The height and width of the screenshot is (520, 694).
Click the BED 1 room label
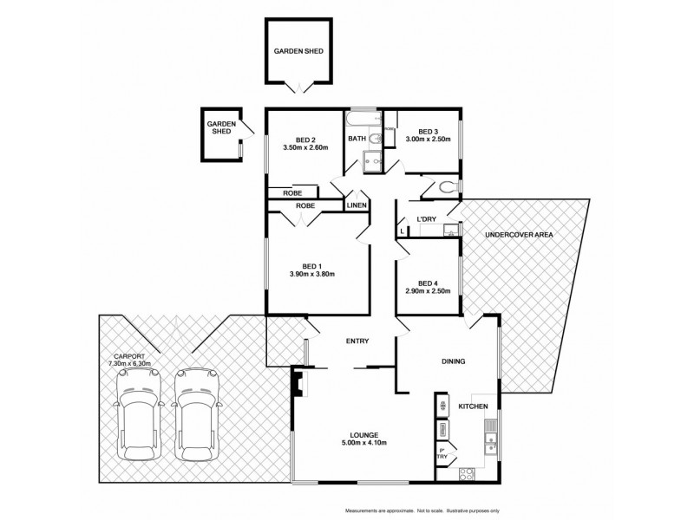click(x=311, y=266)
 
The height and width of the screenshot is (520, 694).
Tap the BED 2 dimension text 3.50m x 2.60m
click(x=304, y=147)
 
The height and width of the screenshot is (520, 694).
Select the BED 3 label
click(x=429, y=131)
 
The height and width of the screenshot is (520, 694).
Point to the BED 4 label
click(x=428, y=283)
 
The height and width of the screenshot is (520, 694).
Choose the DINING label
click(x=453, y=362)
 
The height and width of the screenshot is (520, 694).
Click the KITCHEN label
click(x=473, y=406)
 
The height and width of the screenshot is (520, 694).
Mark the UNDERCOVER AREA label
click(x=519, y=235)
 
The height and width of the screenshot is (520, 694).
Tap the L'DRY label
click(x=426, y=219)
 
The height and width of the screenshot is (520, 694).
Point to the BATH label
click(x=357, y=139)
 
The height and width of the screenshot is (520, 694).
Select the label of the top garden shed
click(x=298, y=51)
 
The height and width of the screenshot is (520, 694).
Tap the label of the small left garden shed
click(x=219, y=128)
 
